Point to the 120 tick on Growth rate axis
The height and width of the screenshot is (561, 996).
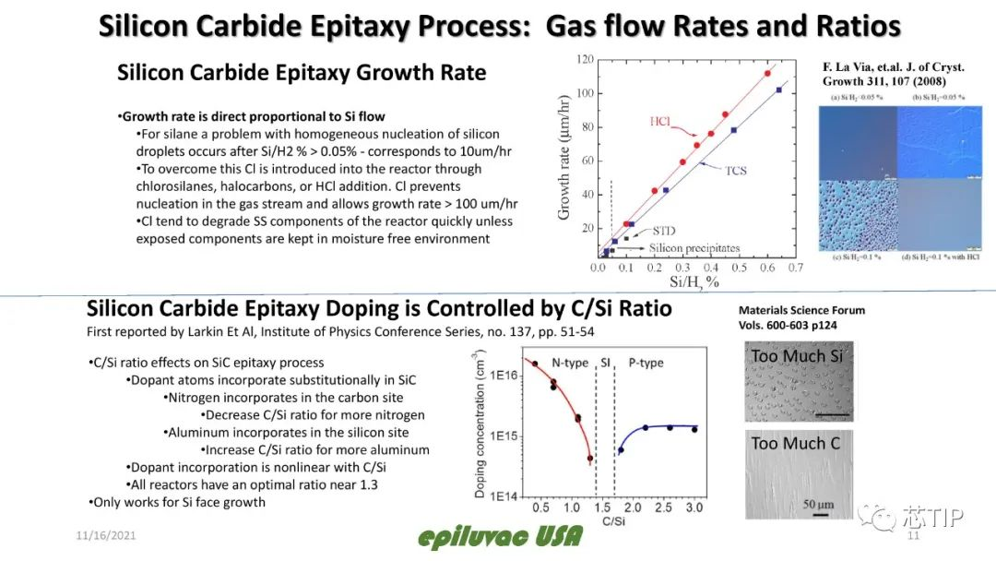click(585, 58)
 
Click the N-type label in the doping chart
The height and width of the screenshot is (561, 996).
click(570, 363)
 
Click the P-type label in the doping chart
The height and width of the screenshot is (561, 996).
click(646, 363)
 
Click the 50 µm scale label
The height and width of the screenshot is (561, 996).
click(818, 504)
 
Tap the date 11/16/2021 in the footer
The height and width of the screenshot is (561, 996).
click(107, 536)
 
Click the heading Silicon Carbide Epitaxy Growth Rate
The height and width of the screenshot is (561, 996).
click(302, 72)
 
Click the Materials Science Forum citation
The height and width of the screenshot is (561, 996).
click(801, 317)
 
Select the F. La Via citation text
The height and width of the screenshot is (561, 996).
click(893, 74)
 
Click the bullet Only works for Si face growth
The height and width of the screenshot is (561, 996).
click(178, 502)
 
